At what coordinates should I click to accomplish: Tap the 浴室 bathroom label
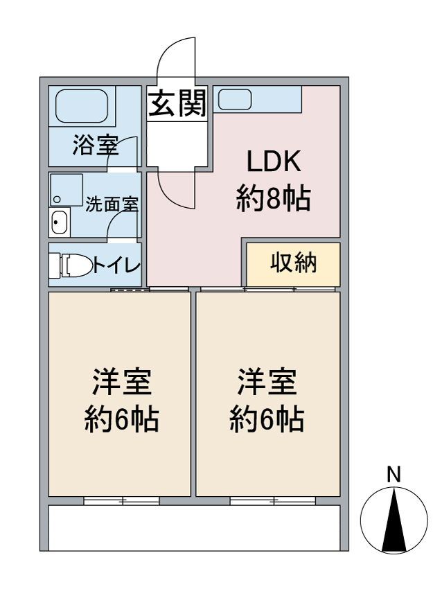[x=95, y=146]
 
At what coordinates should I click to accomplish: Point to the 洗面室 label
[x=112, y=204]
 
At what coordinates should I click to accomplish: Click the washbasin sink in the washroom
[x=60, y=223]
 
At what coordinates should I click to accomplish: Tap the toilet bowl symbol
[x=75, y=265]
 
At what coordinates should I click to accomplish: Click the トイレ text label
[x=116, y=265]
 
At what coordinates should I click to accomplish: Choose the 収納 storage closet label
[x=293, y=263]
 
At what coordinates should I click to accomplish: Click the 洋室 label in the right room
[x=267, y=383]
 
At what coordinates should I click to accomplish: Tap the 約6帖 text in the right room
[x=267, y=419]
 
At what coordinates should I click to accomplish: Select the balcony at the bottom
[x=194, y=527]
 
